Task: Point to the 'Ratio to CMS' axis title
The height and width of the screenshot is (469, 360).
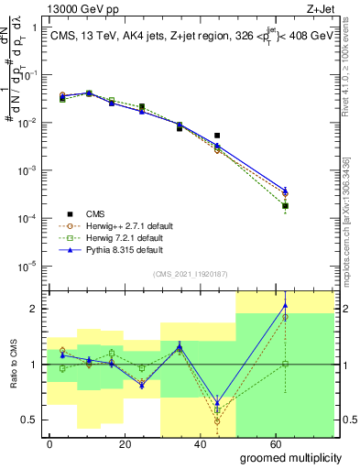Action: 12,365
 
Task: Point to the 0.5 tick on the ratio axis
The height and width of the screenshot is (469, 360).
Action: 30,420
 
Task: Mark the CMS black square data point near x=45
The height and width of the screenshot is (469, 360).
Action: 217,136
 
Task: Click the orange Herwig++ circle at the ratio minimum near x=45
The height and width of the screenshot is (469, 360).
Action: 217,420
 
